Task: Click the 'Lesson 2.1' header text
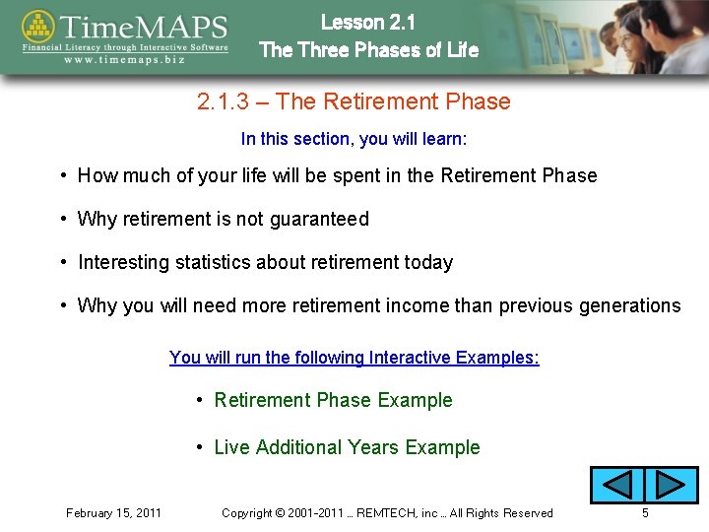click(x=368, y=22)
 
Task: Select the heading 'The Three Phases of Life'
click(x=368, y=49)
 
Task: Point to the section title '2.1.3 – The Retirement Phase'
click(x=354, y=101)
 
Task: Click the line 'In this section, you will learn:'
click(x=354, y=139)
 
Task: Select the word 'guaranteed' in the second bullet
click(x=322, y=219)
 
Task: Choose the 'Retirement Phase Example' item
click(x=333, y=400)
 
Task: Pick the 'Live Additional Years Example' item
click(x=347, y=447)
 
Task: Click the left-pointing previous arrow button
click(x=616, y=486)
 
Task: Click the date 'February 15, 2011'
click(x=114, y=512)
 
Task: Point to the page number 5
click(x=645, y=512)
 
